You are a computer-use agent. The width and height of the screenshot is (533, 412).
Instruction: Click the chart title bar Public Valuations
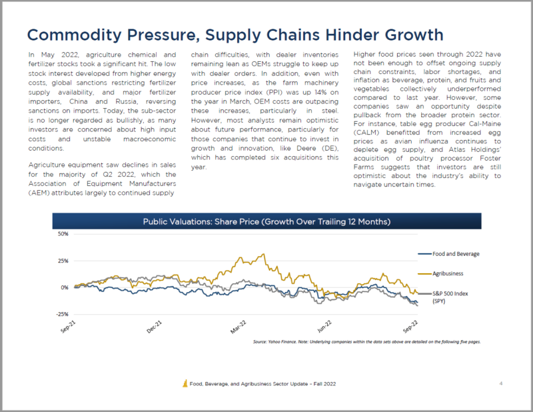[x=266, y=221]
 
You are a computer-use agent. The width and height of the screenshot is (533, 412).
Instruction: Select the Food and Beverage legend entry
[x=453, y=254]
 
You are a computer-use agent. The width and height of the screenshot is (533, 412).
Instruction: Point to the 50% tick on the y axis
[x=64, y=235]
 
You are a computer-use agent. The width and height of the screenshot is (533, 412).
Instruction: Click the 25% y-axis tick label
[x=64, y=261]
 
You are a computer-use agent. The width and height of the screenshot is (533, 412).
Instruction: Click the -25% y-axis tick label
[x=63, y=314]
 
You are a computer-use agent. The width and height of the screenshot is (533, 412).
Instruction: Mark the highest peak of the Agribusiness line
[x=265, y=254]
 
